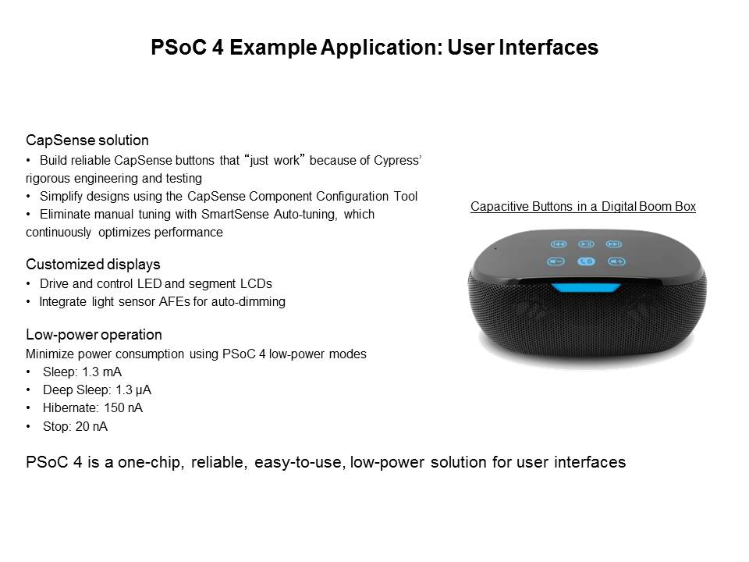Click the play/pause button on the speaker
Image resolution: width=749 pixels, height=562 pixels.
tap(586, 244)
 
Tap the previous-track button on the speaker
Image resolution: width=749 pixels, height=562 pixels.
tap(559, 244)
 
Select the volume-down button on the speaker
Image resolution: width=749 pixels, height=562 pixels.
tap(556, 261)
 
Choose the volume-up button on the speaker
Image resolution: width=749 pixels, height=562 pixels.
tap(616, 261)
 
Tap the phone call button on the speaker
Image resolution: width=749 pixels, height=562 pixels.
tap(586, 261)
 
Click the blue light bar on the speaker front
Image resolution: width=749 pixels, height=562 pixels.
tap(586, 288)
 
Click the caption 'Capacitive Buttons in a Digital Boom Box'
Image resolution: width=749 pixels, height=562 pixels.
tap(583, 206)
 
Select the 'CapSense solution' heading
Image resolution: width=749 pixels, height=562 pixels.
tap(87, 140)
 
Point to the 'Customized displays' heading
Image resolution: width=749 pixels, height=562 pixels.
tap(93, 265)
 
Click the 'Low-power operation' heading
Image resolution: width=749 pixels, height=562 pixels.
tap(94, 335)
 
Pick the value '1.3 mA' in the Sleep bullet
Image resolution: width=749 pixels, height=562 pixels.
tap(101, 372)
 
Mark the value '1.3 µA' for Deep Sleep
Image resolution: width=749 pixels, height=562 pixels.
tap(133, 390)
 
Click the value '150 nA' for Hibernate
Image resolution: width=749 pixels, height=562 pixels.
tap(123, 408)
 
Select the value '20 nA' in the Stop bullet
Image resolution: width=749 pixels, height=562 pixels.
tap(91, 426)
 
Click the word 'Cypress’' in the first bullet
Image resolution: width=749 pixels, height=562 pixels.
tap(397, 161)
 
